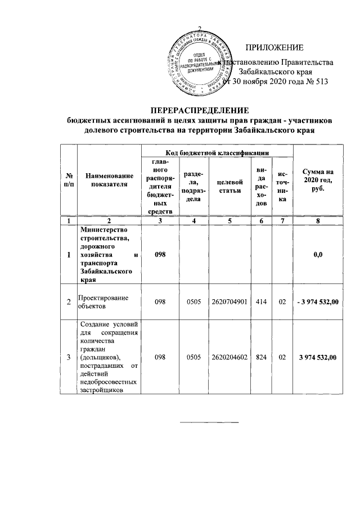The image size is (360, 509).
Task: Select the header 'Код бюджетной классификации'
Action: [217, 152]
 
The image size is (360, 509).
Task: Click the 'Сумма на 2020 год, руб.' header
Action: [318, 180]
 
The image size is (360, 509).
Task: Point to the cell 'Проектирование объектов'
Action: [102, 303]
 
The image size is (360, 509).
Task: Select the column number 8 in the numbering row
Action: [318, 220]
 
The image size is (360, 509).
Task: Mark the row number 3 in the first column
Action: [69, 357]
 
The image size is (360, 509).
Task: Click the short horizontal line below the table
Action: [209, 421]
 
